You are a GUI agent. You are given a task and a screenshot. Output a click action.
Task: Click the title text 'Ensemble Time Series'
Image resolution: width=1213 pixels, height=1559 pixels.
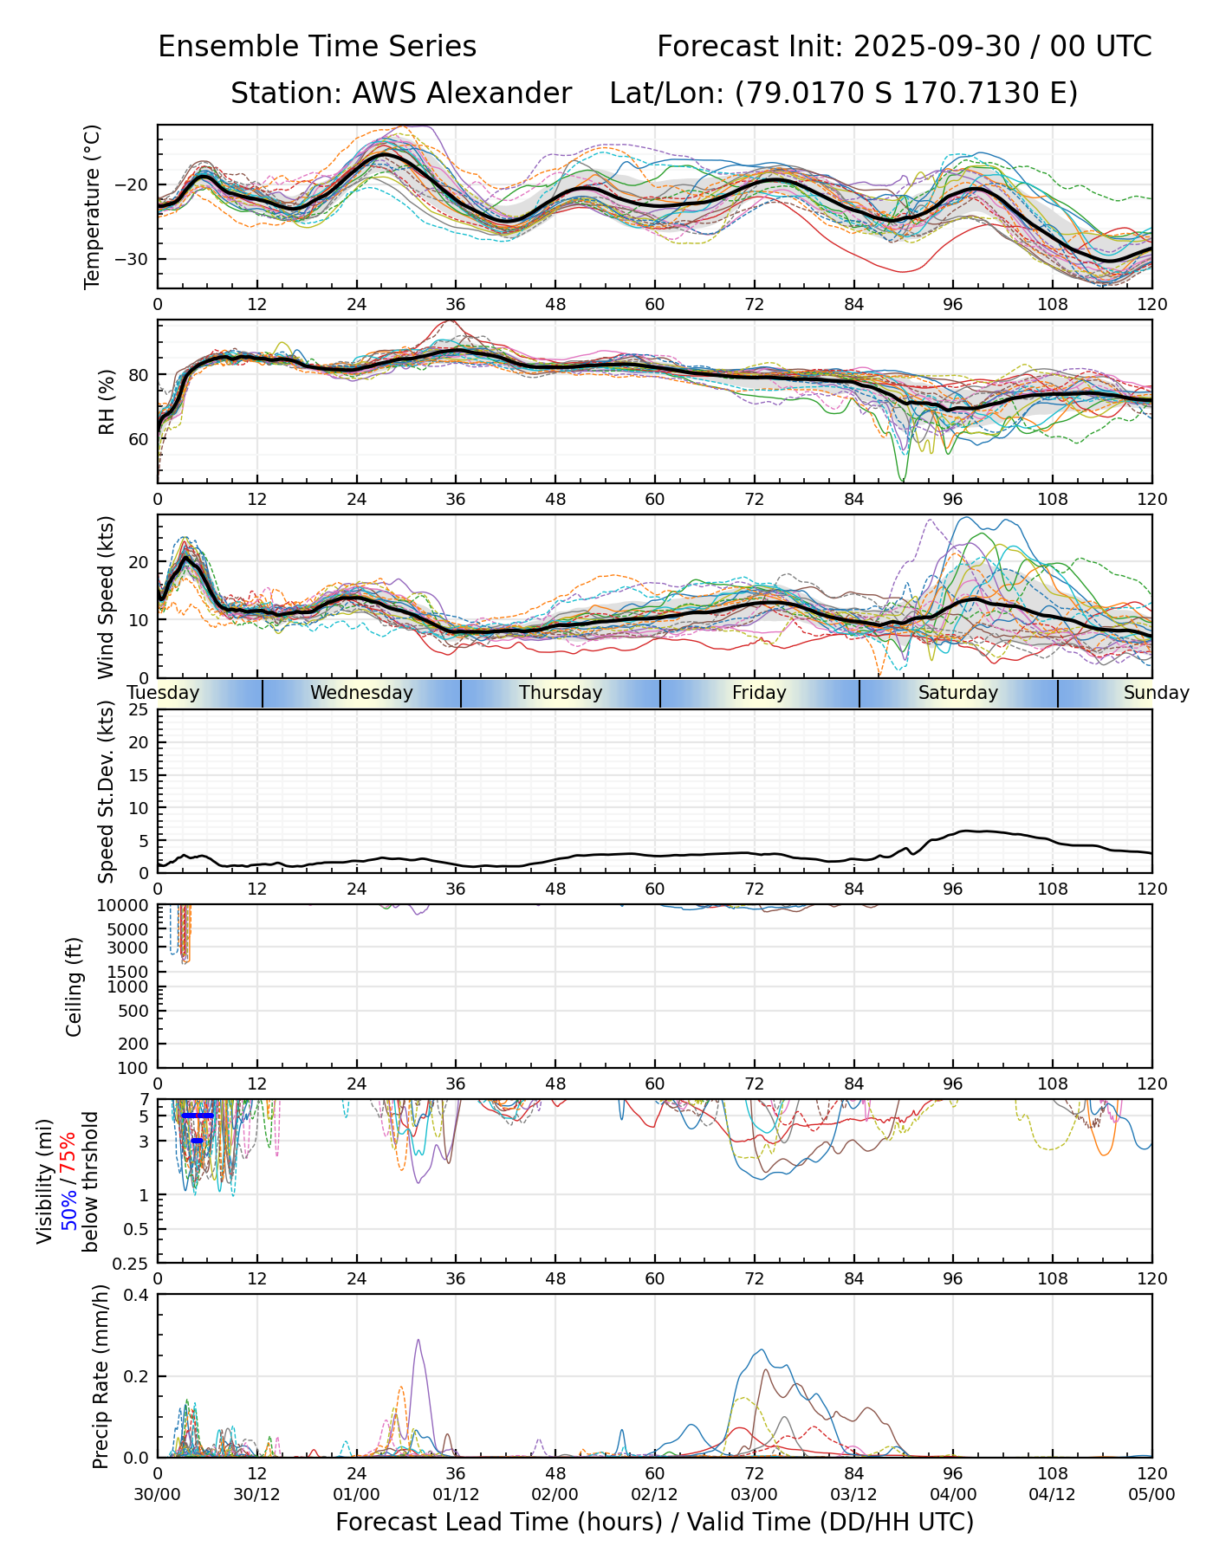(x=317, y=47)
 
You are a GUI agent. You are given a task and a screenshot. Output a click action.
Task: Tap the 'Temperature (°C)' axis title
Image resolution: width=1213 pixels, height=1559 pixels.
(x=93, y=206)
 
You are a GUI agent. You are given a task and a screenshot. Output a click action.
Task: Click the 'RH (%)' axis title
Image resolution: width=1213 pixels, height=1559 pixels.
(x=107, y=401)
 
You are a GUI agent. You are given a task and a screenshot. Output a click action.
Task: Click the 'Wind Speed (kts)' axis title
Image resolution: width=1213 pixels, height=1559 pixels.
(x=107, y=597)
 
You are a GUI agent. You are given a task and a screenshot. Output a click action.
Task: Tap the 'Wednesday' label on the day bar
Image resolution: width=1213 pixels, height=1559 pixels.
(x=361, y=693)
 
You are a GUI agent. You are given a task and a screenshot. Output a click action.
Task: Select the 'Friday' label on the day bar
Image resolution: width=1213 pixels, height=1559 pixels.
(x=759, y=693)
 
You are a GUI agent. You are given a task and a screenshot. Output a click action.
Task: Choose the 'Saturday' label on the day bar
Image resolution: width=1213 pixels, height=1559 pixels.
(x=958, y=693)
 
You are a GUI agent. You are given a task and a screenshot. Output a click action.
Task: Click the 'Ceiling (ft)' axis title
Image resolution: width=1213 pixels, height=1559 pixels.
(x=75, y=987)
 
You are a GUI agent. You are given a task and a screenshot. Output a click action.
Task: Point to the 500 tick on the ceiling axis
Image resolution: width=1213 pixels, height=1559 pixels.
(x=135, y=1011)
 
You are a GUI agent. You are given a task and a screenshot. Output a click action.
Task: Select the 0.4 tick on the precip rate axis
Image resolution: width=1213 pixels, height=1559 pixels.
(x=137, y=1295)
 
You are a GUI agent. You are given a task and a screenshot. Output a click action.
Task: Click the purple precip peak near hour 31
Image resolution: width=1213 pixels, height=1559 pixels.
(x=418, y=1341)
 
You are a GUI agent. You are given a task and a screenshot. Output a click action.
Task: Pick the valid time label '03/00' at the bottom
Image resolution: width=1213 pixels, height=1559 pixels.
(x=754, y=1494)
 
